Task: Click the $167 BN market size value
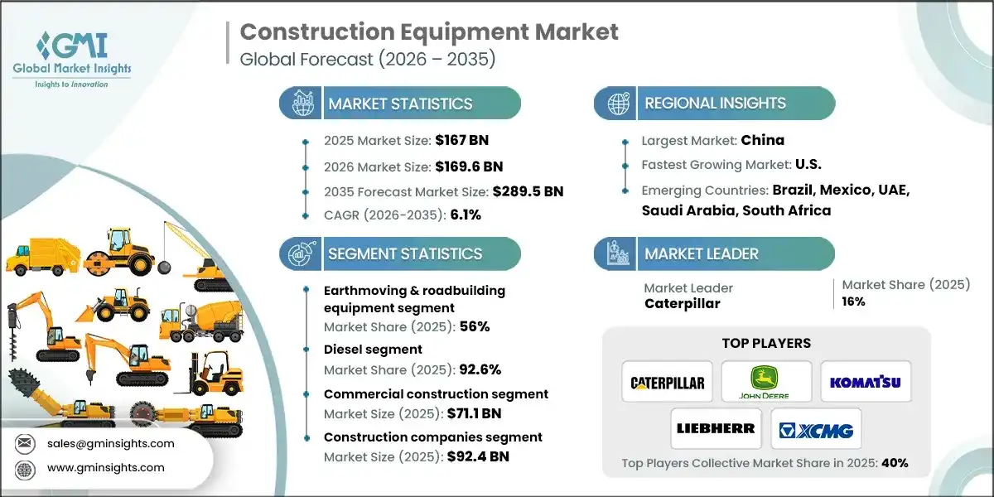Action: click(x=466, y=140)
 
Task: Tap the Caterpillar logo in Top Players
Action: click(x=667, y=382)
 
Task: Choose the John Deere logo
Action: click(x=766, y=382)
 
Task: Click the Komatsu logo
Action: click(x=866, y=382)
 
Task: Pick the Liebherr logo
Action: click(x=716, y=428)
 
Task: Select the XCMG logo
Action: click(x=816, y=428)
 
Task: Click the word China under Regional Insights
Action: click(x=762, y=140)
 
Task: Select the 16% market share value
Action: click(x=853, y=302)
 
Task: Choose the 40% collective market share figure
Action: click(x=895, y=463)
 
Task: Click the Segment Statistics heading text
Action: click(x=404, y=253)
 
